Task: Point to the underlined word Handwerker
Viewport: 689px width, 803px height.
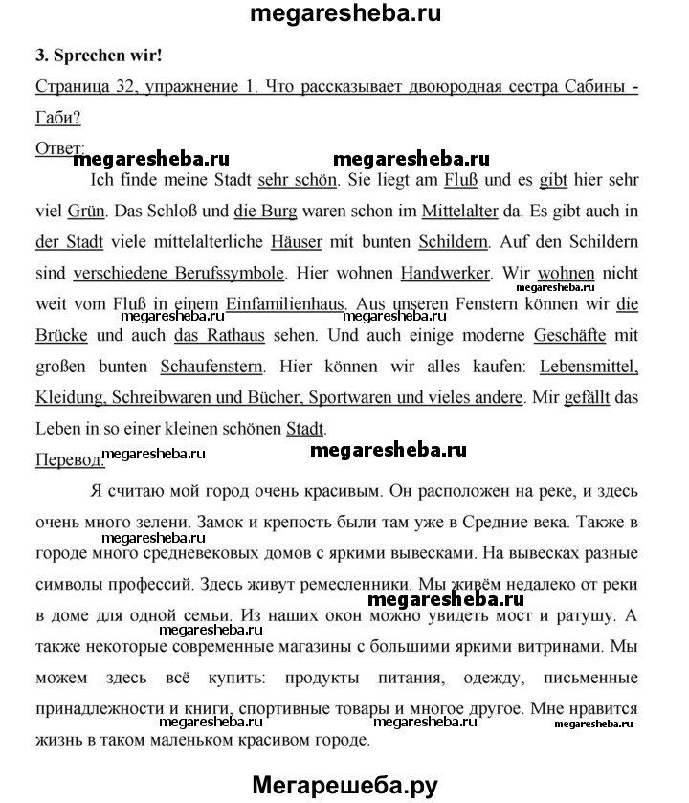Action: [445, 273]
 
